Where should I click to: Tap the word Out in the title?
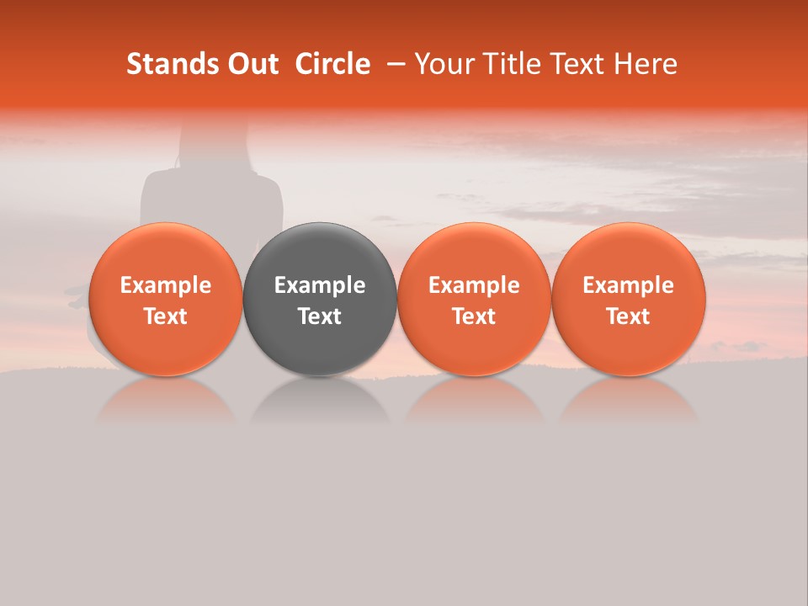pos(252,64)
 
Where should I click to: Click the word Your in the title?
pos(440,64)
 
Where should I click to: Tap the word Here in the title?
pos(646,64)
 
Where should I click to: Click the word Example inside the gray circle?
pos(320,285)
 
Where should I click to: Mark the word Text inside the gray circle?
pos(320,316)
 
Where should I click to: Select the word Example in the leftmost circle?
pos(165,285)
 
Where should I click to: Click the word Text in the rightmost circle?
pos(629,316)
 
